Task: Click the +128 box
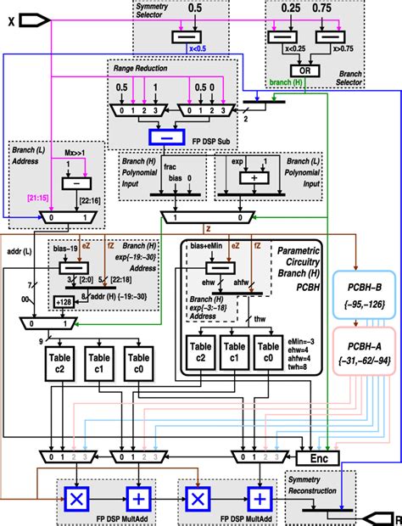pos(64,301)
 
